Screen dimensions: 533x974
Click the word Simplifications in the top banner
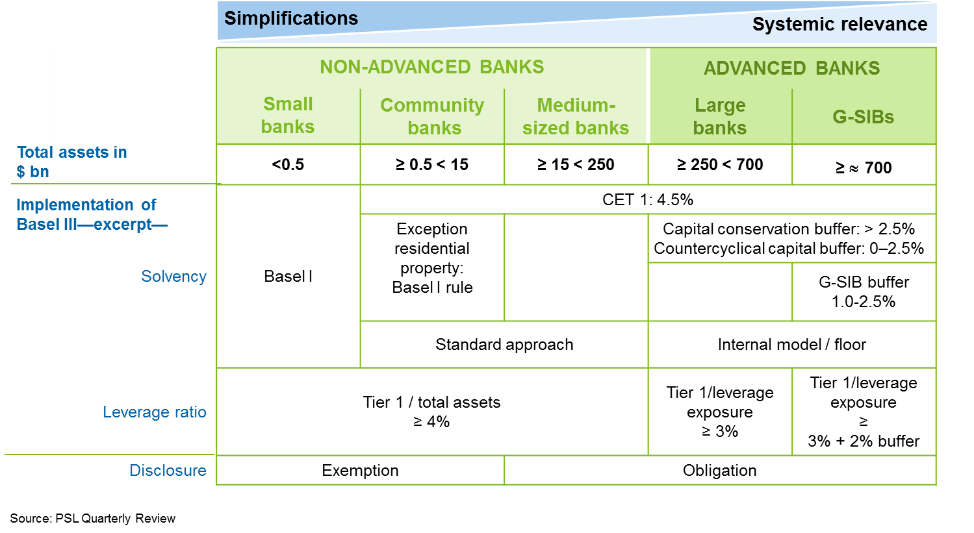pyautogui.click(x=290, y=18)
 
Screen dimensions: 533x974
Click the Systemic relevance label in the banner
pyautogui.click(x=839, y=25)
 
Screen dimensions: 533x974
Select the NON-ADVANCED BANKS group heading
pyautogui.click(x=431, y=68)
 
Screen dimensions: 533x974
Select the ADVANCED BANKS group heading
pyautogui.click(x=791, y=68)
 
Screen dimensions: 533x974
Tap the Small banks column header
pyautogui.click(x=288, y=116)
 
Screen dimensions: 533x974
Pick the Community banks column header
pyautogui.click(x=432, y=116)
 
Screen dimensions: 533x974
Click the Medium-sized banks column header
pyautogui.click(x=576, y=116)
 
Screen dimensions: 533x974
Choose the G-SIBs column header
pyautogui.click(x=863, y=117)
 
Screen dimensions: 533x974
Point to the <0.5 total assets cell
pyautogui.click(x=288, y=165)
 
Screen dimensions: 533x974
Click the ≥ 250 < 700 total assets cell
pyautogui.click(x=720, y=165)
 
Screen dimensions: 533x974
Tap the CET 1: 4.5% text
pyautogui.click(x=647, y=200)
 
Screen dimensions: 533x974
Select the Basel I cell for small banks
pyautogui.click(x=288, y=277)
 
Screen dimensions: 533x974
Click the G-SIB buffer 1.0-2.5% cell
pyautogui.click(x=864, y=292)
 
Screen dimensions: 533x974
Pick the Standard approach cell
pyautogui.click(x=504, y=345)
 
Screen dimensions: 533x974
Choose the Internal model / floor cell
pyautogui.click(x=791, y=345)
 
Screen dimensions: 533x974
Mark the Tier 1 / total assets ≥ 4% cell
pyautogui.click(x=431, y=412)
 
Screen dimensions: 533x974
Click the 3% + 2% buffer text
pyautogui.click(x=864, y=441)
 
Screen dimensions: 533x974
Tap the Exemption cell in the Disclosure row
pyautogui.click(x=360, y=471)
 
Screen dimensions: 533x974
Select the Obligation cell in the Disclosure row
pyautogui.click(x=719, y=471)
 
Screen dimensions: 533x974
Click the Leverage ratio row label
pyautogui.click(x=155, y=412)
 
